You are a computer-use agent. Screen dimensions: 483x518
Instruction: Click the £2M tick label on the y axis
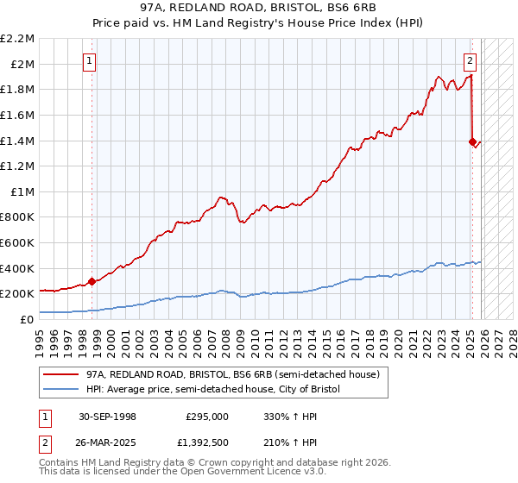point(22,64)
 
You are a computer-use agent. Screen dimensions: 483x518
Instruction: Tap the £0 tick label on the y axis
point(27,319)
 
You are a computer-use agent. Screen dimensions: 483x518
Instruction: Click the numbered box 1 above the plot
point(91,60)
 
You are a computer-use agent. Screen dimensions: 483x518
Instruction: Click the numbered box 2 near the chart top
point(470,60)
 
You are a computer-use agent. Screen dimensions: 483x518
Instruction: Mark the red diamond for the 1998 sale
point(92,281)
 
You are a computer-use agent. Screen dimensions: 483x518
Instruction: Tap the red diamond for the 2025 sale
point(472,141)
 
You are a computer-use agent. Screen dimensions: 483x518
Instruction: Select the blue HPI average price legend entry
point(213,390)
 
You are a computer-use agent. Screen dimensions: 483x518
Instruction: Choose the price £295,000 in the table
point(207,416)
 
